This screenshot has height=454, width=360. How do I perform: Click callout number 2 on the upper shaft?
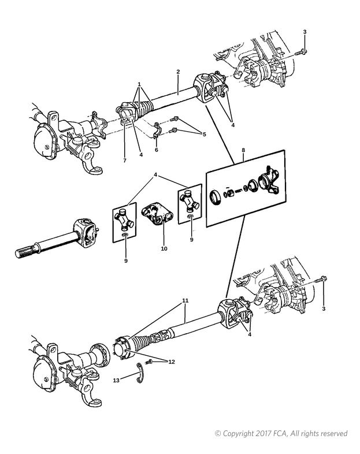pos(178,72)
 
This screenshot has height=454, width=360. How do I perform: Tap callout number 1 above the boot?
pos(139,84)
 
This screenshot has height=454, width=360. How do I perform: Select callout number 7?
pos(125,161)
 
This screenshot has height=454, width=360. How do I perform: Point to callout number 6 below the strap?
pos(157,150)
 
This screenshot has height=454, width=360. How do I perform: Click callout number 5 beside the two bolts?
pos(204,135)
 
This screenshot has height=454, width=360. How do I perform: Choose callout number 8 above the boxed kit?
pos(243,150)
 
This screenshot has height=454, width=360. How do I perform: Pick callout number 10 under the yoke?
pos(164,248)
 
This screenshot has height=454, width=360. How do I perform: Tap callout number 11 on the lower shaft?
pos(185,300)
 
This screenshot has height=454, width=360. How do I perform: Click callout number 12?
pos(172,362)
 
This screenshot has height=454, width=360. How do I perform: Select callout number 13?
pos(116,381)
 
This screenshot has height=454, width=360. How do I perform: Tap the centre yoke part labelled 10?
pos(157,214)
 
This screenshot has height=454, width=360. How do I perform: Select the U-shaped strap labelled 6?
pos(156,130)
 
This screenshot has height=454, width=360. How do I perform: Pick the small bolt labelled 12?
pos(150,362)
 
